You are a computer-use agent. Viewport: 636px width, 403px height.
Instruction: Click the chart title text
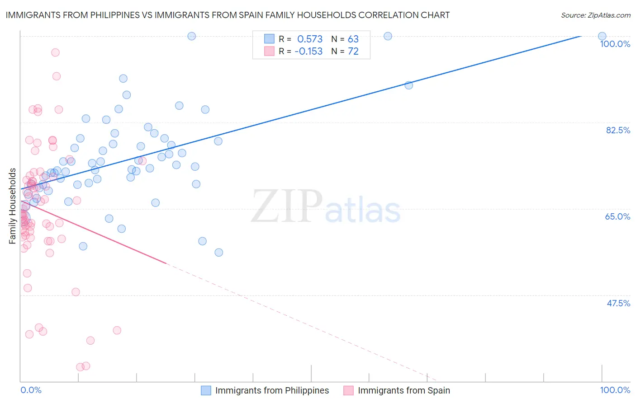(x=228, y=15)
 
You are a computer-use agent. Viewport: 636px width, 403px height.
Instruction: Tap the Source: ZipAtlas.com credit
(x=595, y=15)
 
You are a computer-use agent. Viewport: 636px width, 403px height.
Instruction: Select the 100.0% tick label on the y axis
(x=615, y=44)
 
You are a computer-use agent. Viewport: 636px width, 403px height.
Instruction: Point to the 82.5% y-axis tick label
(x=618, y=130)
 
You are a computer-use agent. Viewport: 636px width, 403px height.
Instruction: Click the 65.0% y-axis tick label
(x=617, y=216)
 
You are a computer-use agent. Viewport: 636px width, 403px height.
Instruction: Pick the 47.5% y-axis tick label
(x=618, y=303)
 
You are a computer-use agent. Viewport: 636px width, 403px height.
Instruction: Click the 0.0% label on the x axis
(x=31, y=390)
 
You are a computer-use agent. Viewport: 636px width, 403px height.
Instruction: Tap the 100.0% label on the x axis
(x=615, y=390)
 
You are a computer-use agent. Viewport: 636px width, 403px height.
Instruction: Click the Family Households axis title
(x=13, y=206)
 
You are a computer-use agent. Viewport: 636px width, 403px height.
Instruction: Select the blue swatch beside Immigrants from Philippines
(x=206, y=390)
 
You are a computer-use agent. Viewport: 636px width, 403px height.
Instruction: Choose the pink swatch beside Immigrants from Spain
(x=348, y=390)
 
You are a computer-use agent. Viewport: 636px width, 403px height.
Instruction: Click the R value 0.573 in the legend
(x=310, y=39)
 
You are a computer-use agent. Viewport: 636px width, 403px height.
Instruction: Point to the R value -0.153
(x=309, y=52)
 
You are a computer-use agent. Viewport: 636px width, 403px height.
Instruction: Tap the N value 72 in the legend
(x=353, y=52)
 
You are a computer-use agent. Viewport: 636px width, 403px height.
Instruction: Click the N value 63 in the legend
(x=353, y=39)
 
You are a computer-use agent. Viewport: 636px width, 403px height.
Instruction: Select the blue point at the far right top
(x=602, y=36)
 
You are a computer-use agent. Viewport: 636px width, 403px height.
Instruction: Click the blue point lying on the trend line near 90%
(x=408, y=85)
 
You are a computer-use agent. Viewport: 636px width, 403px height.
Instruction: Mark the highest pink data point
(x=55, y=52)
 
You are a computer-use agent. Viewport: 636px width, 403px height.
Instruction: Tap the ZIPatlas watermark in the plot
(x=326, y=207)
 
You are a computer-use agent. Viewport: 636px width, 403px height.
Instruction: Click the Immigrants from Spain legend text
(x=403, y=390)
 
